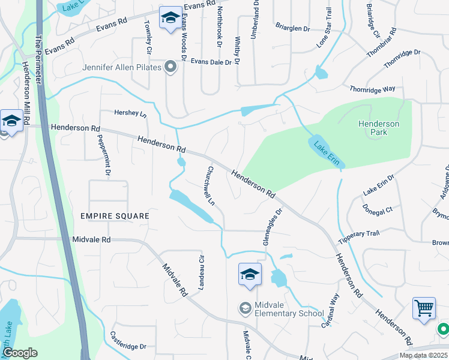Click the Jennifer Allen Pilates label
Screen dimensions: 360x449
point(122,67)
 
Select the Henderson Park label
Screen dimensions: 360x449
point(378,128)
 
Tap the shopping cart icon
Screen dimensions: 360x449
point(424,308)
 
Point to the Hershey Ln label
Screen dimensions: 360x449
point(130,113)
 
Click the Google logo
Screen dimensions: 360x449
point(20,353)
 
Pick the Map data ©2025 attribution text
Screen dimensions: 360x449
point(423,355)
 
